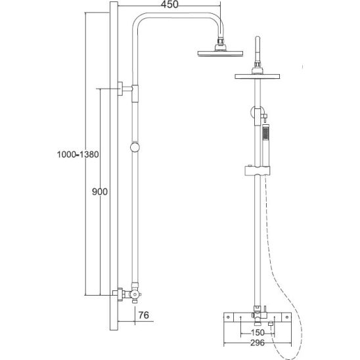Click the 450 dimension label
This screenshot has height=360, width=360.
[x=169, y=5]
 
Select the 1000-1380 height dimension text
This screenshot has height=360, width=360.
[x=78, y=154]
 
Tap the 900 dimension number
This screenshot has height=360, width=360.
[x=100, y=191]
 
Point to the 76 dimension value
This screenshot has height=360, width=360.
[x=143, y=315]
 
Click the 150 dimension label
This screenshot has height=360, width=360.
[x=258, y=332]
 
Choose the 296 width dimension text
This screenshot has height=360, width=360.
[x=258, y=343]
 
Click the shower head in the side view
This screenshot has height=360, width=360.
[x=220, y=53]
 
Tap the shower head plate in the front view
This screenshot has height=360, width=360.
[x=257, y=76]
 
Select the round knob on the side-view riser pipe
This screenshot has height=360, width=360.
[x=135, y=147]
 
